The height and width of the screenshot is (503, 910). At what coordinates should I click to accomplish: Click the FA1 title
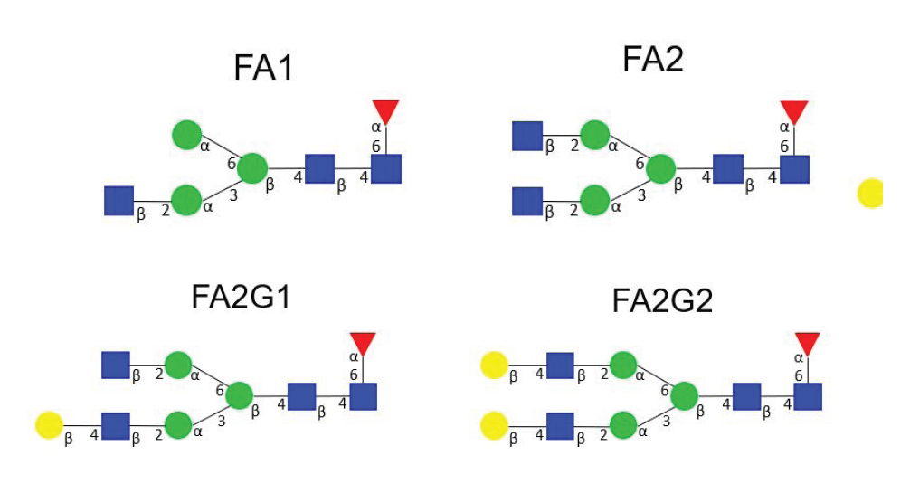pyautogui.click(x=263, y=69)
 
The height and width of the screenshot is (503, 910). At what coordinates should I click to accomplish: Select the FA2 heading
pyautogui.click(x=654, y=60)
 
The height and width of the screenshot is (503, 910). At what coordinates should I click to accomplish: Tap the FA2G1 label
pyautogui.click(x=241, y=299)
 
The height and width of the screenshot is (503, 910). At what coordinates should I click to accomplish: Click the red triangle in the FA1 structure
pyautogui.click(x=385, y=111)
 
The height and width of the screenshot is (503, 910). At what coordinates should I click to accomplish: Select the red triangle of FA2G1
pyautogui.click(x=362, y=343)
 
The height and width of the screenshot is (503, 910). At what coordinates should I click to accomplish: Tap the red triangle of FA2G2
pyautogui.click(x=807, y=343)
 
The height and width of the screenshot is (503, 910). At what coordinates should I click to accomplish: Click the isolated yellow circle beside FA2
pyautogui.click(x=869, y=194)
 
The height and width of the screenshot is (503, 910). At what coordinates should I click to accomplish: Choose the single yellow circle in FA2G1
pyautogui.click(x=48, y=424)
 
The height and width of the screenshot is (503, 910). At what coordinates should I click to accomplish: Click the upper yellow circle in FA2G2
pyautogui.click(x=494, y=365)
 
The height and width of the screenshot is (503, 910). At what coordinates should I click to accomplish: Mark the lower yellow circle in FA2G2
pyautogui.click(x=494, y=424)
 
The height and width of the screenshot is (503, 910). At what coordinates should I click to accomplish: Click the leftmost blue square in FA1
pyautogui.click(x=118, y=200)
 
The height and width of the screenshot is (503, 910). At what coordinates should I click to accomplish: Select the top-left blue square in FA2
pyautogui.click(x=527, y=136)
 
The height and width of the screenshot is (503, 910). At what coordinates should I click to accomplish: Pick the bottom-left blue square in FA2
pyautogui.click(x=527, y=200)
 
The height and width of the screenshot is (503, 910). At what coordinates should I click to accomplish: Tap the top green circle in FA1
pyautogui.click(x=186, y=136)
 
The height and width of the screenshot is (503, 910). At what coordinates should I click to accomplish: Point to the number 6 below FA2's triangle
pyautogui.click(x=784, y=146)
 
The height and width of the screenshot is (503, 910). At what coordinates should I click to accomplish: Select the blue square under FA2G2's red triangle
pyautogui.click(x=807, y=396)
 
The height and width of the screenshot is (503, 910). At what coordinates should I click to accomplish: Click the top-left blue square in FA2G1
pyautogui.click(x=115, y=365)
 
